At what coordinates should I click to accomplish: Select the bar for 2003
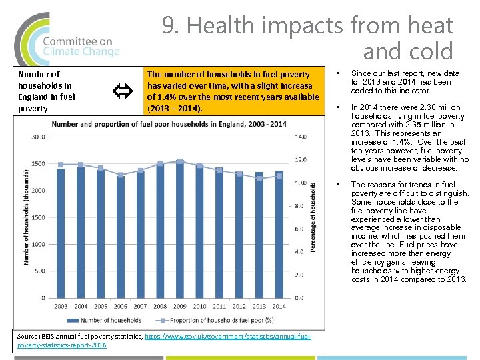tap(61, 233)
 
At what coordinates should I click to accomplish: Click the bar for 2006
tap(120, 237)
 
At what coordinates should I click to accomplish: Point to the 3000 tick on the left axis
tap(37, 137)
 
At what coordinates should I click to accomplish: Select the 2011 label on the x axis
tap(219, 307)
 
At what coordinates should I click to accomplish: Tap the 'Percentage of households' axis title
tap(313, 217)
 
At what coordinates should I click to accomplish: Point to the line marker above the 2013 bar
tap(259, 178)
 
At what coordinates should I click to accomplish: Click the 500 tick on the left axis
tap(39, 271)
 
